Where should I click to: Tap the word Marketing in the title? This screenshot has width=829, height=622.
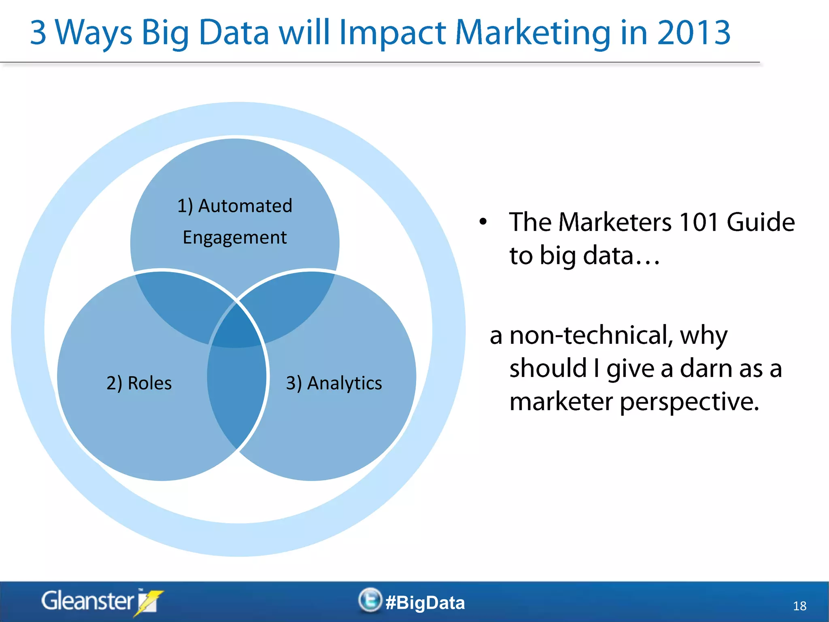click(x=532, y=33)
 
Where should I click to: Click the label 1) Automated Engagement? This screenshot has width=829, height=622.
click(x=235, y=221)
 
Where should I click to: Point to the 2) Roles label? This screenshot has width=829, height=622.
click(x=139, y=383)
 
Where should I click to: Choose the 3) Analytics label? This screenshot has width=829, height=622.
click(x=334, y=383)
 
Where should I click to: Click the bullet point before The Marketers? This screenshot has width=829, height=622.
click(x=483, y=222)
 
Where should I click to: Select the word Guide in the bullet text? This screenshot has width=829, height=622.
click(x=760, y=222)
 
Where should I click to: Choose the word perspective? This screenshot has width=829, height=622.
click(x=689, y=402)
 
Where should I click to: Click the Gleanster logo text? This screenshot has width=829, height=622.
click(x=87, y=601)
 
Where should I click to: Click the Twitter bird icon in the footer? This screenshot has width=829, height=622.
click(x=370, y=600)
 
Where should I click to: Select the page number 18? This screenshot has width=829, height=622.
click(x=799, y=606)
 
